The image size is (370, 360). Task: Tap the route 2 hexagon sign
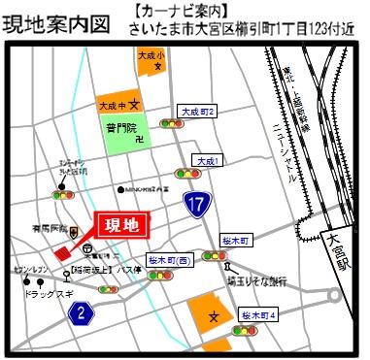pos(83,312)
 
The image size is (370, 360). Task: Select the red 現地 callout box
pos(126,226)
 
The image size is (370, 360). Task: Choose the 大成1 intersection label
pos(207,159)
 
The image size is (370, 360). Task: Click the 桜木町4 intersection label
pos(260,315)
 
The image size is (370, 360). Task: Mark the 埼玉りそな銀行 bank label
pos(252,279)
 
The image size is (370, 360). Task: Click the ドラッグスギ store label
pos(43,292)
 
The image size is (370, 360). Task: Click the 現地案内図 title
pos(55,22)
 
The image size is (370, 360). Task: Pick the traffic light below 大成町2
pos(174,124)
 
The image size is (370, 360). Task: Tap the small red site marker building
pos(64,247)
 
